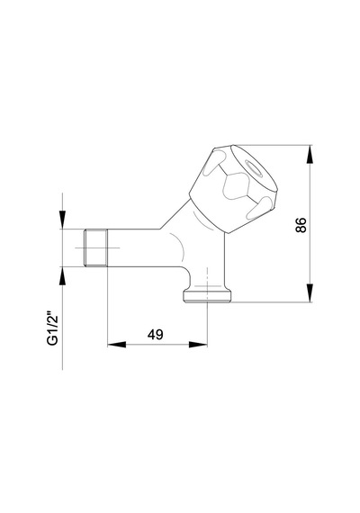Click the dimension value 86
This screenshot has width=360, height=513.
click(x=301, y=225)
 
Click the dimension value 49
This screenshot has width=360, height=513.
click(x=155, y=335)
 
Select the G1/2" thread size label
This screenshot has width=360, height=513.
click(x=52, y=328)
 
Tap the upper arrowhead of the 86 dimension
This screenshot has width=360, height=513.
click(x=310, y=154)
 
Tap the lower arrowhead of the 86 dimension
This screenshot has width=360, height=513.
click(x=310, y=293)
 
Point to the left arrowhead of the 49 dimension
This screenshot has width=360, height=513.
click(x=117, y=344)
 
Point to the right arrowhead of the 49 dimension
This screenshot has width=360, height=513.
click(x=198, y=344)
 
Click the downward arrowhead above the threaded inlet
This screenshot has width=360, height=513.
click(x=62, y=220)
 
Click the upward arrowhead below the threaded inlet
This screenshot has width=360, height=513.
click(x=62, y=275)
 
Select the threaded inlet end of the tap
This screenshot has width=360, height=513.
click(x=95, y=247)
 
